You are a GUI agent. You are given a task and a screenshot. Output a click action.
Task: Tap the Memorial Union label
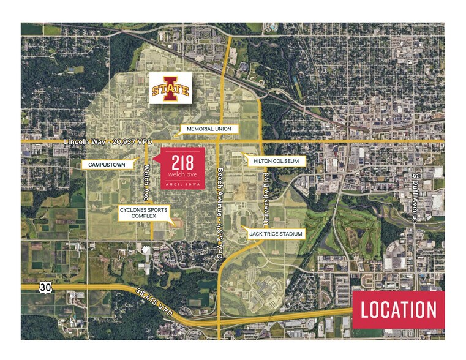click(209, 129)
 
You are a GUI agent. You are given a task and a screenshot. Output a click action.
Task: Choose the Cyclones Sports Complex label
click(143, 212)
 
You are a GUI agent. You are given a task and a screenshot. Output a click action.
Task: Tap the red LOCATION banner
click(399, 310)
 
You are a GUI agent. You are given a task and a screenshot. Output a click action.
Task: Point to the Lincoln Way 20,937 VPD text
click(108, 142)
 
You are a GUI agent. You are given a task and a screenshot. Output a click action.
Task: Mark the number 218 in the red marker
click(182, 163)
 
